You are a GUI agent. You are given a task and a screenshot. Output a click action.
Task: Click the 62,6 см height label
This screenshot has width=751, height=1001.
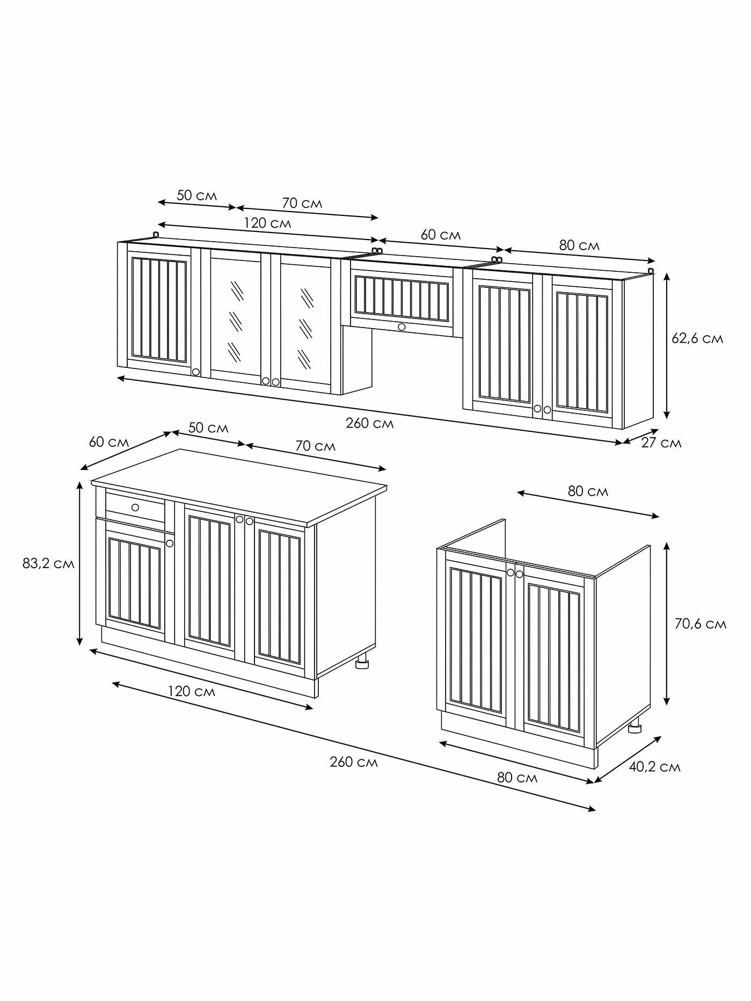pyautogui.click(x=697, y=339)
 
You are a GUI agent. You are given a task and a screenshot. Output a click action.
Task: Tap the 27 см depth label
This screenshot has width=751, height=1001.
pyautogui.click(x=661, y=443)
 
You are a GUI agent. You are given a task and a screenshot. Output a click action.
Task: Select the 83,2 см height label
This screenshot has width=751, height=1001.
pyautogui.click(x=48, y=564)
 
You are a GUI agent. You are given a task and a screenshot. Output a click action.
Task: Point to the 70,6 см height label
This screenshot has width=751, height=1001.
pyautogui.click(x=700, y=623)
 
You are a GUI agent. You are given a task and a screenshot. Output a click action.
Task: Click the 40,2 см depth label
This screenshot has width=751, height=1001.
pyautogui.click(x=654, y=767)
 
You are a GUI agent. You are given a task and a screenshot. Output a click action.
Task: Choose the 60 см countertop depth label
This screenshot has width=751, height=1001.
pyautogui.click(x=109, y=442)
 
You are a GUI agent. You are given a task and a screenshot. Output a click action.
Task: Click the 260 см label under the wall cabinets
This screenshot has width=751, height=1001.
pyautogui.click(x=369, y=423)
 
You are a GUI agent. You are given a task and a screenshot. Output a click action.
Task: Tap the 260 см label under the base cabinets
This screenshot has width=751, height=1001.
pyautogui.click(x=354, y=762)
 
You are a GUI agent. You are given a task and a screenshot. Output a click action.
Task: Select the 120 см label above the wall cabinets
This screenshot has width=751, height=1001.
pyautogui.click(x=267, y=222)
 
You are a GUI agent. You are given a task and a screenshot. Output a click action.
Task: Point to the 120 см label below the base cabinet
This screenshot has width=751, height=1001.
pyautogui.click(x=192, y=691)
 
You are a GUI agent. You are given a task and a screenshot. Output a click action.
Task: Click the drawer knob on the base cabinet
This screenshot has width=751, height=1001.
pyautogui.click(x=135, y=507)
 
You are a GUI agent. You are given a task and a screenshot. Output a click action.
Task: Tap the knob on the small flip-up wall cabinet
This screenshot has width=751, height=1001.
pyautogui.click(x=402, y=327)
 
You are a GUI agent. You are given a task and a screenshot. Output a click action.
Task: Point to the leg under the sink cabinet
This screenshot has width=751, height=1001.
pyautogui.click(x=636, y=725)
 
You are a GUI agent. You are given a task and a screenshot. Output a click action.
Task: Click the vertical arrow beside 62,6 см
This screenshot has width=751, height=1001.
pyautogui.click(x=667, y=345)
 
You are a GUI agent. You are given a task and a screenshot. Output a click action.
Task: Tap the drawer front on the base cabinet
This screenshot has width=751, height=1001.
pyautogui.click(x=135, y=507)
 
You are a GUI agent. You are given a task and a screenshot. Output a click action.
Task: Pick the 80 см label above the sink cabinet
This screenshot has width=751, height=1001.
pyautogui.click(x=588, y=491)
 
